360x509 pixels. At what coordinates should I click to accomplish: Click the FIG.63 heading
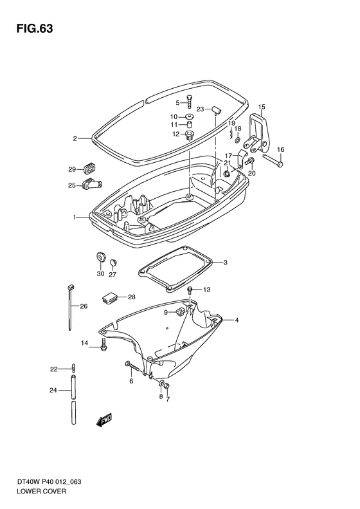(x=35, y=28)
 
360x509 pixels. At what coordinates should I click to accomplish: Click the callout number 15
(x=262, y=106)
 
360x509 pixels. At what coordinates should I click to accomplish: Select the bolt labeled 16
(x=273, y=161)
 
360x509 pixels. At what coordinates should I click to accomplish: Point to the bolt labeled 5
(x=190, y=102)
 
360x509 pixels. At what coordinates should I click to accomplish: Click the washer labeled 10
(x=190, y=116)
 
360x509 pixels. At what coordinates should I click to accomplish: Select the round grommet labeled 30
(x=101, y=257)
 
